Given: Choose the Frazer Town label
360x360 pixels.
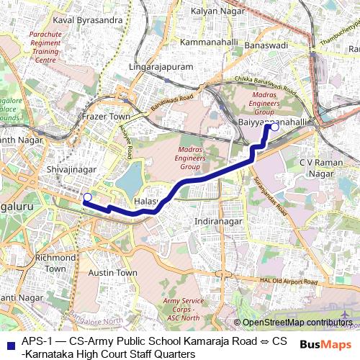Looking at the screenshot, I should click(x=106, y=116).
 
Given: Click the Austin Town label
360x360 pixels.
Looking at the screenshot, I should click(x=112, y=273).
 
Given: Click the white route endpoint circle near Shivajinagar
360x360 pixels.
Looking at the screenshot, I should click(x=87, y=197).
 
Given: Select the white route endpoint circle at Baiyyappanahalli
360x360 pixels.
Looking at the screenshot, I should click(x=274, y=126).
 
